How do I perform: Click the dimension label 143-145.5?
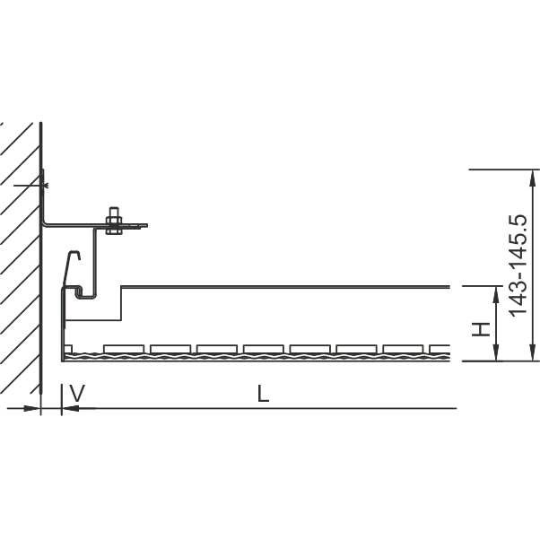(518, 265)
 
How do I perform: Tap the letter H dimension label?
(481, 330)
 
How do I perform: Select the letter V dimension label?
(77, 394)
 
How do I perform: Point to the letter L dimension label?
(263, 394)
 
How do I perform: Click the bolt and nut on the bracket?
(114, 221)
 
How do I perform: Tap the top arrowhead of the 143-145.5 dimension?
(533, 178)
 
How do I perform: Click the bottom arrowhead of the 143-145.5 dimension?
(533, 352)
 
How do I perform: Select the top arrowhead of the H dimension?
(496, 295)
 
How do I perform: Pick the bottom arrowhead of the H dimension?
(496, 352)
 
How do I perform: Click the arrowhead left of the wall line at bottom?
(31, 408)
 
